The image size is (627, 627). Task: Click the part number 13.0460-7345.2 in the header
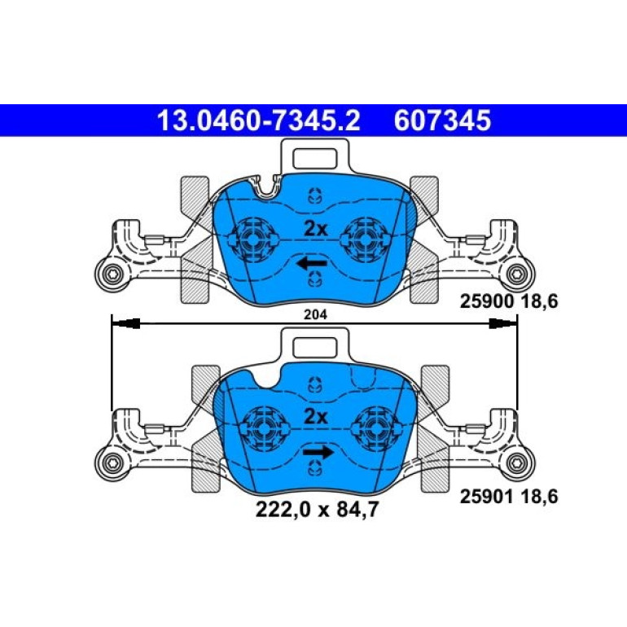(x=259, y=121)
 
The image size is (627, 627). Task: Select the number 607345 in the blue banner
(x=442, y=121)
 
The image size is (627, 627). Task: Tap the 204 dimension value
(x=315, y=314)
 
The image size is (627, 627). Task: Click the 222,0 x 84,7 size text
(x=317, y=510)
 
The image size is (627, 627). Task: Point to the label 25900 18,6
(x=509, y=301)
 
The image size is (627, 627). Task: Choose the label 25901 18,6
(x=509, y=496)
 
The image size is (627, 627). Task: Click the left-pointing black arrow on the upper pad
(x=312, y=263)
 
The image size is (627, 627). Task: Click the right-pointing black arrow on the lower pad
(x=318, y=452)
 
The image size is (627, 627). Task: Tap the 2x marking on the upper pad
(x=315, y=229)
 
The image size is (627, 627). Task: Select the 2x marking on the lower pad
(x=315, y=417)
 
